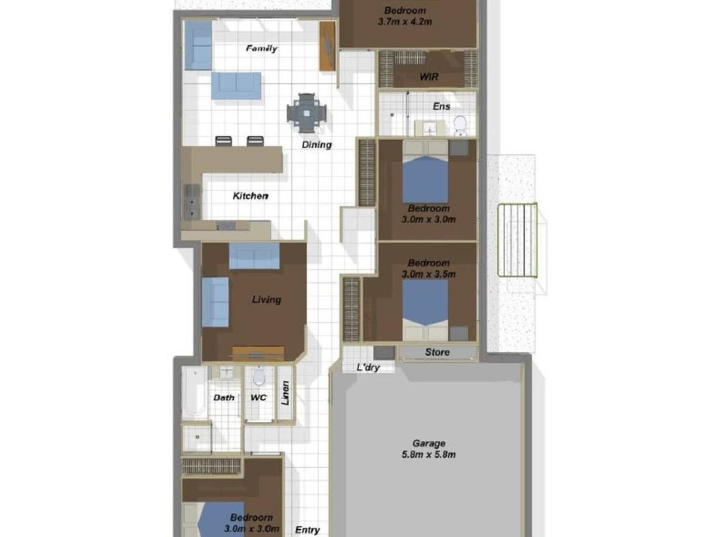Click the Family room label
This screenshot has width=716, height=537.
tap(261, 48)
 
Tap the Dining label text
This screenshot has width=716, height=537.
tap(316, 144)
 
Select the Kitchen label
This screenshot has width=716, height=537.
tap(251, 196)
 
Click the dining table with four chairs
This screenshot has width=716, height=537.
tap(307, 113)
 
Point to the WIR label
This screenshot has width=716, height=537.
tap(428, 77)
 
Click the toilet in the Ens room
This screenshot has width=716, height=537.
tap(460, 125)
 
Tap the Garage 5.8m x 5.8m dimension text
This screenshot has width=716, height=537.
tap(428, 449)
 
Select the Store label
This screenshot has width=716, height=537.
tap(437, 352)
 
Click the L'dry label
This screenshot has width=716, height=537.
tap(368, 368)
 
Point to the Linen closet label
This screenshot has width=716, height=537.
tap(285, 393)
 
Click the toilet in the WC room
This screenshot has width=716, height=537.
tap(259, 376)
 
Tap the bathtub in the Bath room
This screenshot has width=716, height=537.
tap(195, 393)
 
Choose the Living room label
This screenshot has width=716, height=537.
tap(266, 300)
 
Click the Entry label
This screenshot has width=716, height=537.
tap(307, 530)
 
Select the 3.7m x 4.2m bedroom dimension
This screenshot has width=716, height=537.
tap(405, 22)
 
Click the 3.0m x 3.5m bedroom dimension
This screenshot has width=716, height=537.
tap(428, 274)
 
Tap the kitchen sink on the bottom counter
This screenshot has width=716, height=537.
tap(226, 226)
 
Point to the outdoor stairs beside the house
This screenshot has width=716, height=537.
tap(517, 240)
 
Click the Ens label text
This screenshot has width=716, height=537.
tap(442, 106)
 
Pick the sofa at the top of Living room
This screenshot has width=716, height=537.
tap(254, 256)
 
